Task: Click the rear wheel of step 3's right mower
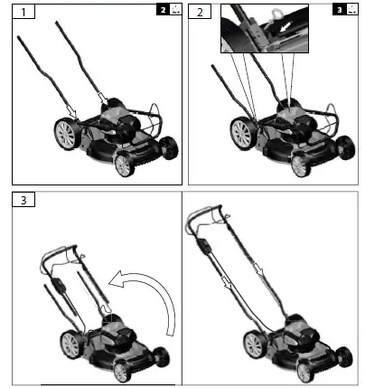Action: (x=255, y=345)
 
